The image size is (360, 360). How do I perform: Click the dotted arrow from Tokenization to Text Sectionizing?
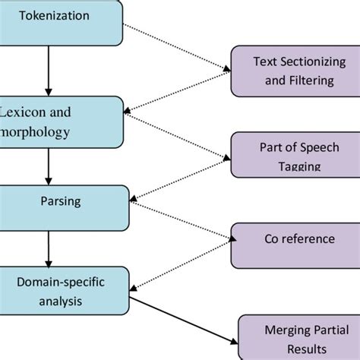(178, 47)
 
